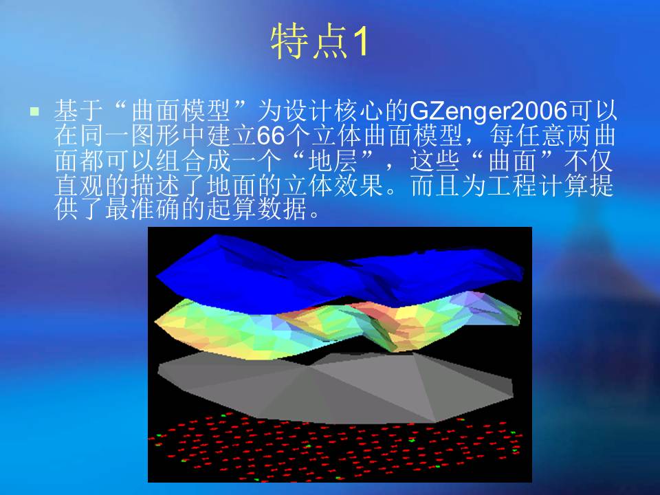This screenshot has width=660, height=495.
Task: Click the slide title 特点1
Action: tap(320, 42)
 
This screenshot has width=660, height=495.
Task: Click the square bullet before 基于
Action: tap(34, 111)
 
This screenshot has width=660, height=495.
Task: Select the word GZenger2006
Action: tap(488, 111)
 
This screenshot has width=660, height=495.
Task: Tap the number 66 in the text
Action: tap(271, 135)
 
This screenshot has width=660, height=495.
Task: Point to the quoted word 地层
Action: tap(333, 160)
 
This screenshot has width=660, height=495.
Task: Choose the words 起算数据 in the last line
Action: tap(256, 209)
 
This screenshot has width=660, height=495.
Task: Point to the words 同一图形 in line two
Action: tap(131, 135)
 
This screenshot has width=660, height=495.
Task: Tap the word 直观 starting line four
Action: tap(80, 185)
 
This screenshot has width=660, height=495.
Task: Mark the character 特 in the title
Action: tap(288, 42)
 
